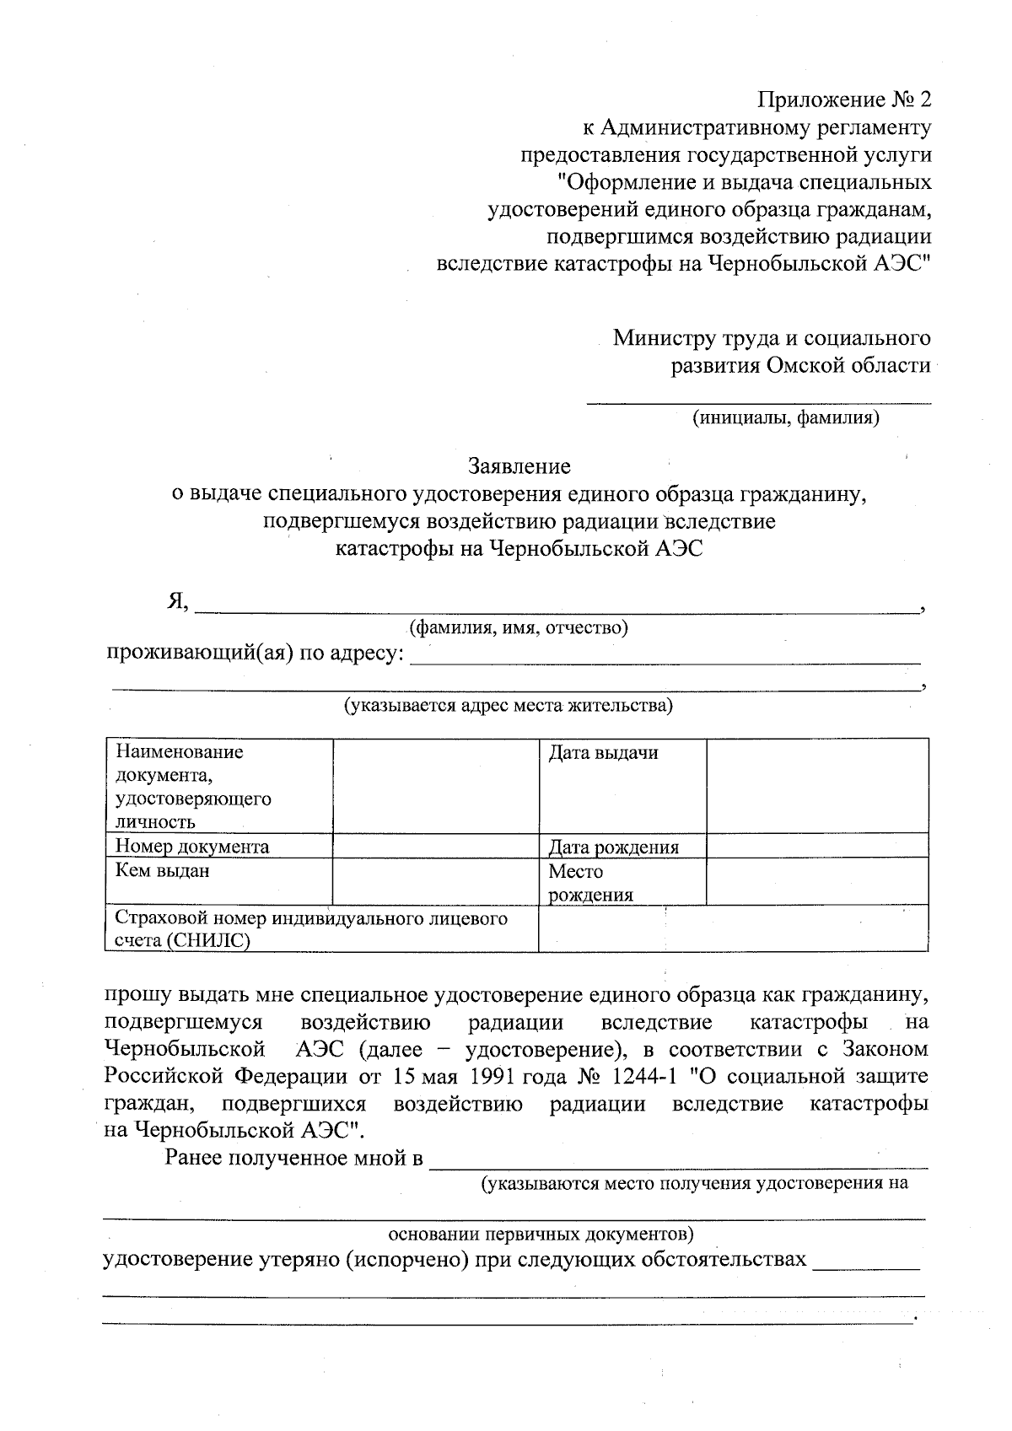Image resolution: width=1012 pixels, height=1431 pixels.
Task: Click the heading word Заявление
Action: [x=519, y=466]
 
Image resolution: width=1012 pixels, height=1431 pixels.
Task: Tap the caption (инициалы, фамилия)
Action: [x=785, y=417]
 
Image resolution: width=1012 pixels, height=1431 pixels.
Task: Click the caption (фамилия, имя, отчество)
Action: [x=518, y=628]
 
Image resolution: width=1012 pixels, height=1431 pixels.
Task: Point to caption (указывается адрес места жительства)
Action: [x=507, y=706]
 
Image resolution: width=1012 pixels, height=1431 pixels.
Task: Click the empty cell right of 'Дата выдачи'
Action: [x=816, y=785]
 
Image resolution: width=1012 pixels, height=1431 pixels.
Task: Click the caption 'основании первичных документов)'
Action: [x=541, y=1235]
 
